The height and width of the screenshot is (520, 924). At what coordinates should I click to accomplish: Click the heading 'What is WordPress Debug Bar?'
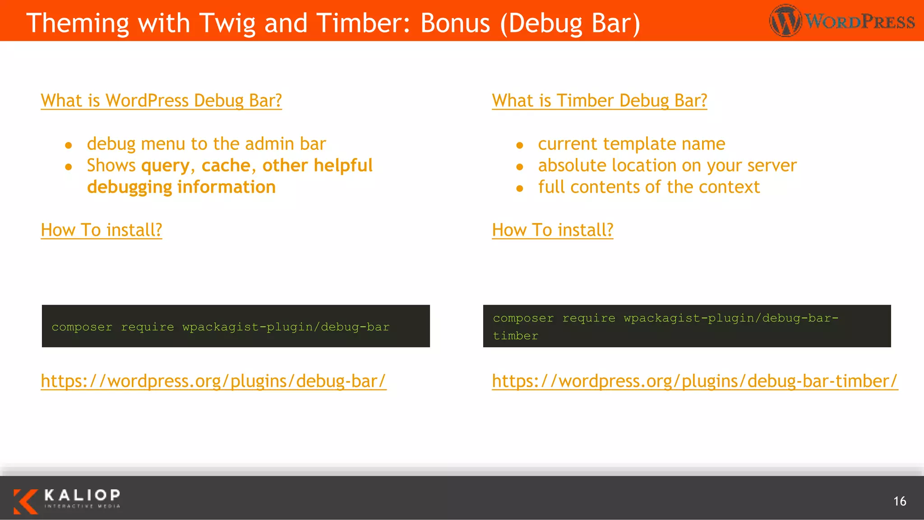tap(161, 101)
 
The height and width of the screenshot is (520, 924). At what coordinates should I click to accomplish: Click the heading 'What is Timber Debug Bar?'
tap(599, 101)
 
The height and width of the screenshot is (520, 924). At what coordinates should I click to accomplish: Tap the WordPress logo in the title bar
tap(842, 21)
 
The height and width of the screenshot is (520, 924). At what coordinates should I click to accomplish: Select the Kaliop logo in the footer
tap(67, 501)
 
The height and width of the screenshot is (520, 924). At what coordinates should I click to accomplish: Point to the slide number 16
tap(900, 501)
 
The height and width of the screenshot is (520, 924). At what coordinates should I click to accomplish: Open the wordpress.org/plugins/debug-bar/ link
tap(213, 381)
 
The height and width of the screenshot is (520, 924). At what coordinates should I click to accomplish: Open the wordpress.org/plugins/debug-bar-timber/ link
tap(695, 381)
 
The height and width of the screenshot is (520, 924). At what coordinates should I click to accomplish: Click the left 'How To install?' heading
tap(102, 230)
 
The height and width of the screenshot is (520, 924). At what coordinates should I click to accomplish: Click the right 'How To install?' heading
tap(553, 230)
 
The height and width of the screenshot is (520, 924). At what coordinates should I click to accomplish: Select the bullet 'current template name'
tap(631, 144)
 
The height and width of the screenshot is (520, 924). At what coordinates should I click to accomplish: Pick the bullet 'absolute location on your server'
tap(667, 166)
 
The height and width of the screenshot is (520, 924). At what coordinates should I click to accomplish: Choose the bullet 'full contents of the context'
tap(649, 187)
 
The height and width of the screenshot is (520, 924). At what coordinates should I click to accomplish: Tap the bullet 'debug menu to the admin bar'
tap(206, 144)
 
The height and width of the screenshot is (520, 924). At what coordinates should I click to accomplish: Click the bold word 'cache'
tap(226, 166)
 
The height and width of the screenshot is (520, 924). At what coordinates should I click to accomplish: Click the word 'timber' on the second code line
tap(515, 336)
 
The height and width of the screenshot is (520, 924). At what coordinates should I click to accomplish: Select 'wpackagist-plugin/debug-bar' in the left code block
tap(286, 327)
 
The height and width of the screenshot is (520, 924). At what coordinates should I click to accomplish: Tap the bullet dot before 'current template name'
tap(520, 145)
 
